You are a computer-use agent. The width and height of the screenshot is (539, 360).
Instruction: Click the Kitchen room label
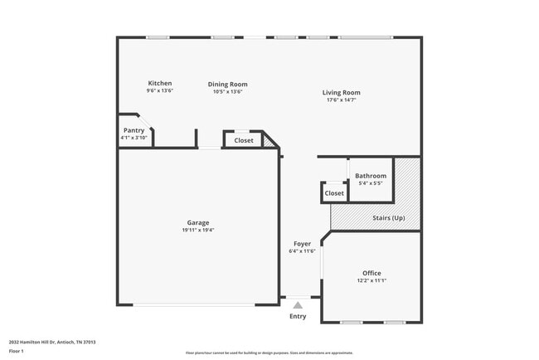[160, 83]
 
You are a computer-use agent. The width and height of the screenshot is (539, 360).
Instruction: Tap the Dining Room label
[227, 84]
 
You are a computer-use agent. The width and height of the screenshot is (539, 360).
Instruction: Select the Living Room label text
[341, 92]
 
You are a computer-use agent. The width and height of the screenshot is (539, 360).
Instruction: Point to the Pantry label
[134, 130]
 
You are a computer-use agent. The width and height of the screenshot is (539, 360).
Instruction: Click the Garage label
[197, 222]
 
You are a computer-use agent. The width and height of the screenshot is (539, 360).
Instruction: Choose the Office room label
[371, 273]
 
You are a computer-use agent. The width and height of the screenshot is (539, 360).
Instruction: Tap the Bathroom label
[371, 176]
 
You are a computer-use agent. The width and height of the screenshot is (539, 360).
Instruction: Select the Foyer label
[301, 244]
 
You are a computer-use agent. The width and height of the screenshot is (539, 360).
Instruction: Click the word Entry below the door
[297, 316]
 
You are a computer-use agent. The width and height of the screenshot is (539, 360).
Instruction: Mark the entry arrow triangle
[298, 305]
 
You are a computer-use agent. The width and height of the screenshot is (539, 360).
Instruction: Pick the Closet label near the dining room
[244, 140]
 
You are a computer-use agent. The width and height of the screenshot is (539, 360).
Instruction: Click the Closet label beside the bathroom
[334, 193]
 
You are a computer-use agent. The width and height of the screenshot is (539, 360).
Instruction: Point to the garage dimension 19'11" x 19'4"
[197, 230]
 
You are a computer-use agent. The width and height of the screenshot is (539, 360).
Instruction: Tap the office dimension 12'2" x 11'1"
[371, 280]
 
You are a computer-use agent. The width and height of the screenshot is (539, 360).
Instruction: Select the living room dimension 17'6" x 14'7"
[341, 100]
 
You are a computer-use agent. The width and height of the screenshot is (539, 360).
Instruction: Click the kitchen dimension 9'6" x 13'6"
[160, 90]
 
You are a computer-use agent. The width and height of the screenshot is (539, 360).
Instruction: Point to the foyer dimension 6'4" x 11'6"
[301, 251]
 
